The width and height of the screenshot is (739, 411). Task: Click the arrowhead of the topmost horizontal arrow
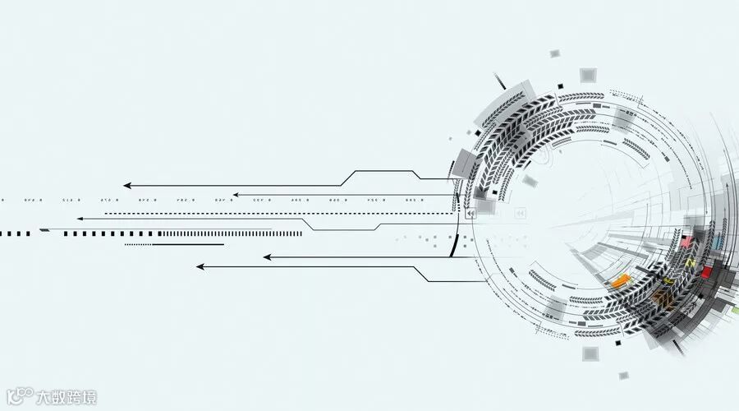click(x=127, y=186)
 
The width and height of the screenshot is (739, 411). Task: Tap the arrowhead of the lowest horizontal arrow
click(x=200, y=266)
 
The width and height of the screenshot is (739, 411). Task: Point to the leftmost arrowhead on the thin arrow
click(x=80, y=219)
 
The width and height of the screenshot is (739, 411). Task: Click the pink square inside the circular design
click(x=686, y=243)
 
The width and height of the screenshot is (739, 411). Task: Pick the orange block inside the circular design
click(x=620, y=282)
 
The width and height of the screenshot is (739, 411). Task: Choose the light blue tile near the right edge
click(x=719, y=242)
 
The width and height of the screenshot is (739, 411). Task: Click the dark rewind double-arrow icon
click(x=470, y=214)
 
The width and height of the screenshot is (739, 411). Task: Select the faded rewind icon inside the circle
click(x=520, y=214)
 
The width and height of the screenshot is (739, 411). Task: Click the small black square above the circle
click(x=560, y=85)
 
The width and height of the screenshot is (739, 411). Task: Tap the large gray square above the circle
click(x=587, y=76)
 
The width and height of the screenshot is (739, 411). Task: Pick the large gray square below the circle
click(x=590, y=353)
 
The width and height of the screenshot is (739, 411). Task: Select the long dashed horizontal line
click(x=279, y=213)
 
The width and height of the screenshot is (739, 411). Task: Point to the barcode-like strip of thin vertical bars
click(x=230, y=233)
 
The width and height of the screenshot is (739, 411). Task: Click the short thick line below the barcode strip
click(x=174, y=244)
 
